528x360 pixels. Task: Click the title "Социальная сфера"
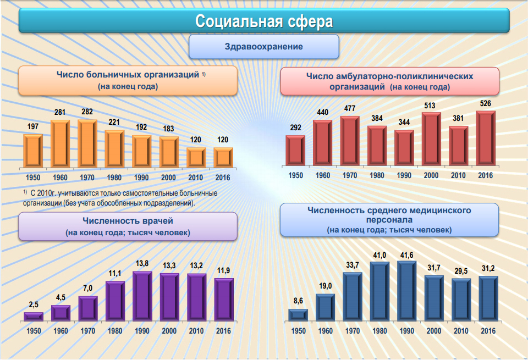[x=264, y=22]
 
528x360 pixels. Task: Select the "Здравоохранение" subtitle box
[x=263, y=47]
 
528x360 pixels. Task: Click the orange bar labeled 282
[x=87, y=143]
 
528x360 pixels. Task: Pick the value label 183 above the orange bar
[x=168, y=129]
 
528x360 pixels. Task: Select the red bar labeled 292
[x=295, y=149]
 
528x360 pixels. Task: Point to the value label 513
[x=431, y=105]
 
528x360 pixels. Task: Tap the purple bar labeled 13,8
[x=142, y=296]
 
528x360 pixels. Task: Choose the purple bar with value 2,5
[x=33, y=315]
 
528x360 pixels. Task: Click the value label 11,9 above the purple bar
[x=223, y=270]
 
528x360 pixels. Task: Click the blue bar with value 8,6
[x=298, y=314]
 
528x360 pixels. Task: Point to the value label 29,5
[x=461, y=271]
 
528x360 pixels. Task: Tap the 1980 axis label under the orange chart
[x=114, y=178]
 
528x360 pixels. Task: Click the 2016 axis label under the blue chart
[x=488, y=331]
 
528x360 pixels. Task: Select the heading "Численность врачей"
[x=128, y=221]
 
